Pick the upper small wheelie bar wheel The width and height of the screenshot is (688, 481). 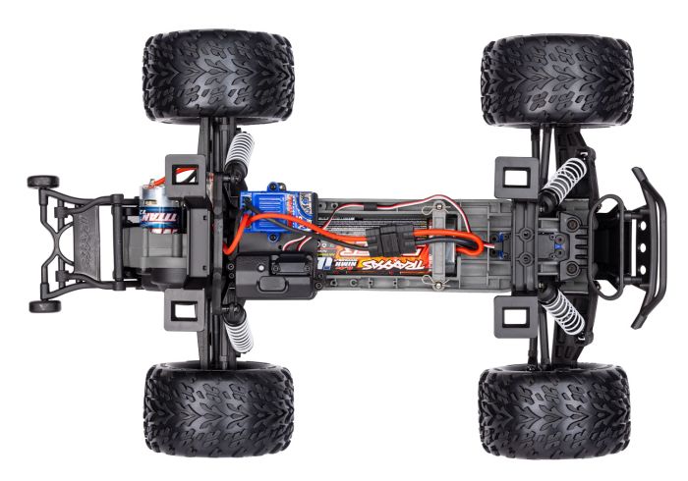click(x=42, y=182)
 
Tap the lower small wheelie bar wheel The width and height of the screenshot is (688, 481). click(x=43, y=305)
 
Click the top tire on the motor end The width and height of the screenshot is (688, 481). click(x=218, y=76)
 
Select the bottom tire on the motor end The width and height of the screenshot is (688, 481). click(x=218, y=407)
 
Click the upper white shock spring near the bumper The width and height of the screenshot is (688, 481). click(x=564, y=183)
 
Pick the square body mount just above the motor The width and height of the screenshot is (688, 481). click(x=181, y=175)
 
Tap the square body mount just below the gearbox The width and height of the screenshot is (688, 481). click(x=181, y=312)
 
